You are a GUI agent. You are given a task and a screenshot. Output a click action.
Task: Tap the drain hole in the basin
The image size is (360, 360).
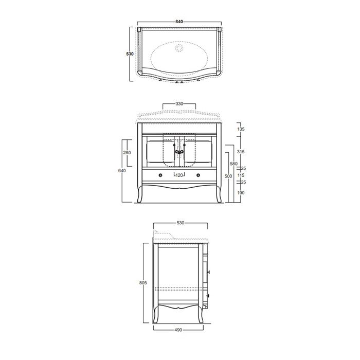179,48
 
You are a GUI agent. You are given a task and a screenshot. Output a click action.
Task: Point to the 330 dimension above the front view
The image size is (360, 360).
179,103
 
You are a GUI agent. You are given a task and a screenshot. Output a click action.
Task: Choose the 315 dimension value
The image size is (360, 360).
241,152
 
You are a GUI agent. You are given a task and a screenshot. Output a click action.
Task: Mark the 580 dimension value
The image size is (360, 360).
233,164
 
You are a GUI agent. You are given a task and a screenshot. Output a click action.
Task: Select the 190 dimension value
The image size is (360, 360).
241,193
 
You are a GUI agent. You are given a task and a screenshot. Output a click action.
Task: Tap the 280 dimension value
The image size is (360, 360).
128,153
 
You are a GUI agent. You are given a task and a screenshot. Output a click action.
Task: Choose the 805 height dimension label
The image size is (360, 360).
145,282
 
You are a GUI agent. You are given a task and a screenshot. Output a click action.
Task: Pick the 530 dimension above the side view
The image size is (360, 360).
180,223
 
